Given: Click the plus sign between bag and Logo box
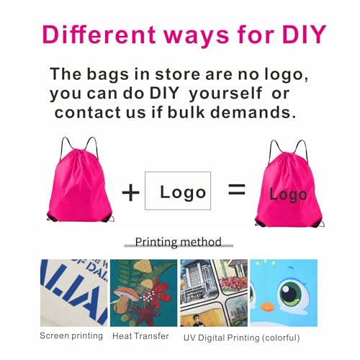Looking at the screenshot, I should click(130, 192).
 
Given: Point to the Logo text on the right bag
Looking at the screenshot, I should click(288, 194).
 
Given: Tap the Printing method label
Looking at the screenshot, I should click(179, 242).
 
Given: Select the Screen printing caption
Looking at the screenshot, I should click(72, 336).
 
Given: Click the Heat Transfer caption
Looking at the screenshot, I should click(140, 336).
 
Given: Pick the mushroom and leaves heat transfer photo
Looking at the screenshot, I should click(143, 292).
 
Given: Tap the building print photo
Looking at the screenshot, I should click(213, 292).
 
